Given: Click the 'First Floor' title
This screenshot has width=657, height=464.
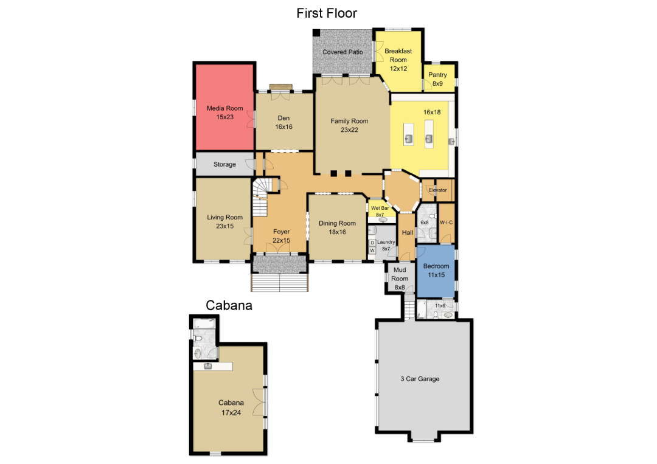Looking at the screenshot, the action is coord(327,13).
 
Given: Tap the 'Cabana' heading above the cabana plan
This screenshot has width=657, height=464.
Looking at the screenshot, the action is coord(229,305).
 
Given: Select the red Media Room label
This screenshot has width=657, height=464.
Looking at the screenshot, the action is coord(224,113).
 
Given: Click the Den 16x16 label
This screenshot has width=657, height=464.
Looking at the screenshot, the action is coord(283,122).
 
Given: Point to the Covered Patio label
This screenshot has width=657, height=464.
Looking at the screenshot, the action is coord(342,52).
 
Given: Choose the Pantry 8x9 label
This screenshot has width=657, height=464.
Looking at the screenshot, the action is coord(437,79).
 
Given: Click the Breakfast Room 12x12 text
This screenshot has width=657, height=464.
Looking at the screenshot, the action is coord(398,60).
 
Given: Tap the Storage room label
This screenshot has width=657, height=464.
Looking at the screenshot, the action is coord(224,164).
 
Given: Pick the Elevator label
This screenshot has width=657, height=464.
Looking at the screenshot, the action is coord(437,190).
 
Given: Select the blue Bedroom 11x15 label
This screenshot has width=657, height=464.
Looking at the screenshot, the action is coord(436,271).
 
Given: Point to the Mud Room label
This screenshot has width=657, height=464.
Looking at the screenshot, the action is coord(400,279).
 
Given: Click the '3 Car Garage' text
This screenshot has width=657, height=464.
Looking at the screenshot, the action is coord(420,379).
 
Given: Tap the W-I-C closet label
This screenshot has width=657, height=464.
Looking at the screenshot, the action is coord(447,223).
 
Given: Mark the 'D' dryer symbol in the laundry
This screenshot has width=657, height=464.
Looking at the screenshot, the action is coord(372,243).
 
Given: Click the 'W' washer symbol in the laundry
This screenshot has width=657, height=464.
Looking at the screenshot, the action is coord(372,251).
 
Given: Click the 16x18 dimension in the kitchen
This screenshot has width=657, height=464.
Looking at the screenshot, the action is coord(432,113).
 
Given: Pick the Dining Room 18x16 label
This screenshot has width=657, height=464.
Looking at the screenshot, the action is coord(337,227).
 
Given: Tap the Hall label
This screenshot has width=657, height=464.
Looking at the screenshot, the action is coord(407,232).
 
